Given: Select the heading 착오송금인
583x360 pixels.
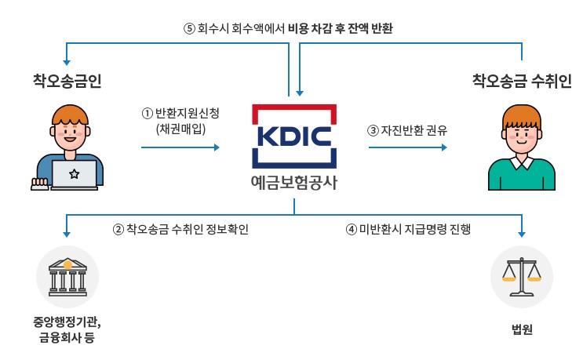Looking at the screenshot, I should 67,80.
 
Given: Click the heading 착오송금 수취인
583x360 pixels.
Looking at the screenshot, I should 521,80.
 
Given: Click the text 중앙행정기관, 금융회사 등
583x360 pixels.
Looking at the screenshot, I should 67,329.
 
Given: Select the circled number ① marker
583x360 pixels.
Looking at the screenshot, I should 146,113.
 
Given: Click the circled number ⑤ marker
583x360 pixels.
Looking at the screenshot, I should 188,29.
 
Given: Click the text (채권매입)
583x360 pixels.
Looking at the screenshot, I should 181,128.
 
